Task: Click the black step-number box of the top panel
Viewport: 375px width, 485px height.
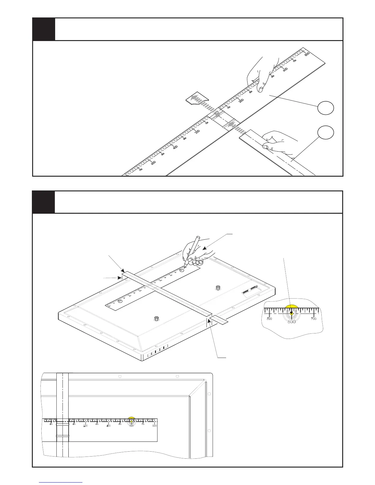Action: pos(44,29)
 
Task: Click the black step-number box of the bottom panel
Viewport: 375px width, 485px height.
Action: pos(44,202)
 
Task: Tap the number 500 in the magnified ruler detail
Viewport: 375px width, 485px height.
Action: pos(269,319)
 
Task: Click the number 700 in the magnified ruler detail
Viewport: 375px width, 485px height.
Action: pos(314,319)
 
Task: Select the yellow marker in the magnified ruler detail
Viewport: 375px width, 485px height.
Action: pos(291,308)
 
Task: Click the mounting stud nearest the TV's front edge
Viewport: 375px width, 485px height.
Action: pos(157,318)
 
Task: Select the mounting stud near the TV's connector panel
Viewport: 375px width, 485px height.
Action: pos(218,287)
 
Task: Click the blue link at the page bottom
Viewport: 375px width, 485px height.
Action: pos(61,482)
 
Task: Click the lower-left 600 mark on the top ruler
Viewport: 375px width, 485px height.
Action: pos(153,163)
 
